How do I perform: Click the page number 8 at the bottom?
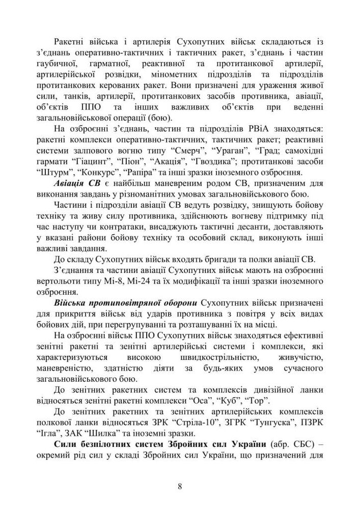pyautogui.click(x=180, y=486)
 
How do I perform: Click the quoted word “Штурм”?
pyautogui.click(x=54, y=172)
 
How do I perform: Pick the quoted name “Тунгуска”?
pyautogui.click(x=265, y=421)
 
